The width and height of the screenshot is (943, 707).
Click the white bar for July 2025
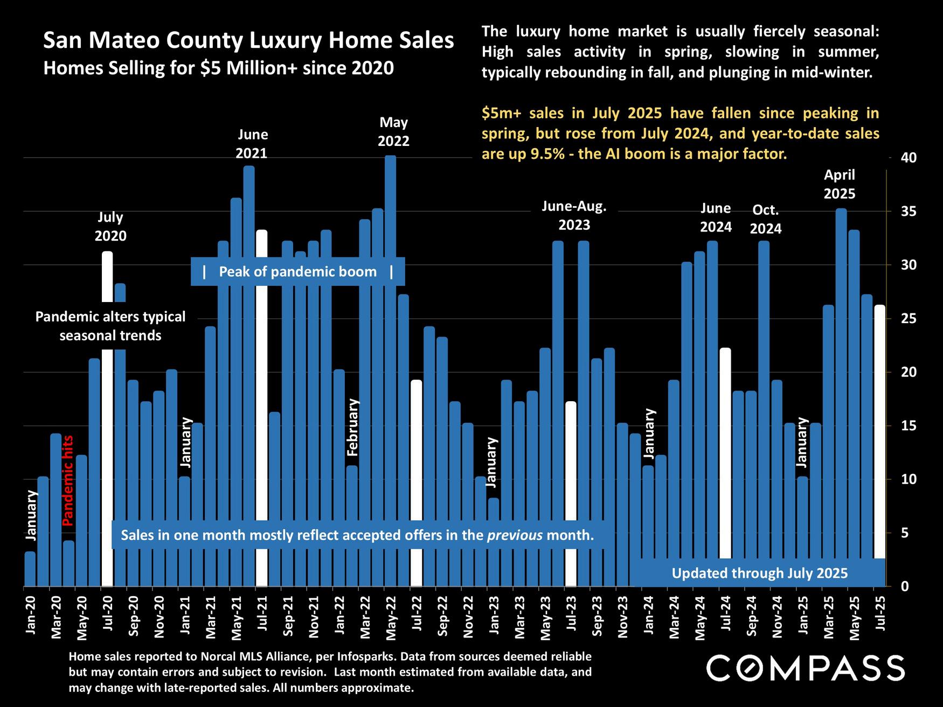(880, 431)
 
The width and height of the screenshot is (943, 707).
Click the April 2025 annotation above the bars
(839, 184)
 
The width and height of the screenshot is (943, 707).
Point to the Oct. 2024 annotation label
(765, 219)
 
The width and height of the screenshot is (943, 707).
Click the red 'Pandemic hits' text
(68, 480)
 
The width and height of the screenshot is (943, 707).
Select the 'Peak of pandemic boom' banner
(297, 271)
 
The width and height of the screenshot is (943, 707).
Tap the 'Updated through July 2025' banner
(759, 573)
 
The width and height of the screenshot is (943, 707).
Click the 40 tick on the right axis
(909, 158)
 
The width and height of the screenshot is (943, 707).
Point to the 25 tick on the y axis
(909, 319)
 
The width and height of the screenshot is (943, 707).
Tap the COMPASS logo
(805, 668)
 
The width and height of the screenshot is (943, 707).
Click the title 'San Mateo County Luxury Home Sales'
(248, 40)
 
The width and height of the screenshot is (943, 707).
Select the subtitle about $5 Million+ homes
(218, 68)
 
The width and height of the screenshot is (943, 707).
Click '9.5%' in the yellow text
(548, 154)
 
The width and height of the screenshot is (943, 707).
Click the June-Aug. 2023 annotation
(574, 215)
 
